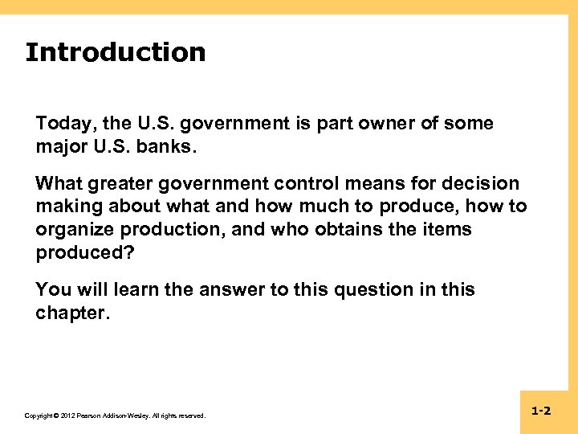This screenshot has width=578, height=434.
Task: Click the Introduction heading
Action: point(115,52)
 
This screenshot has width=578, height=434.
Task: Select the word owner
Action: point(367,124)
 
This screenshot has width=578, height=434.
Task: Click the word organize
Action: point(73,230)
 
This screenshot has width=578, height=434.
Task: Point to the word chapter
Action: point(71,313)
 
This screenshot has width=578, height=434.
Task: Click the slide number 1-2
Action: point(541,411)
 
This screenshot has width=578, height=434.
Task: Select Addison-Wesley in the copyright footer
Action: point(121,416)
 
